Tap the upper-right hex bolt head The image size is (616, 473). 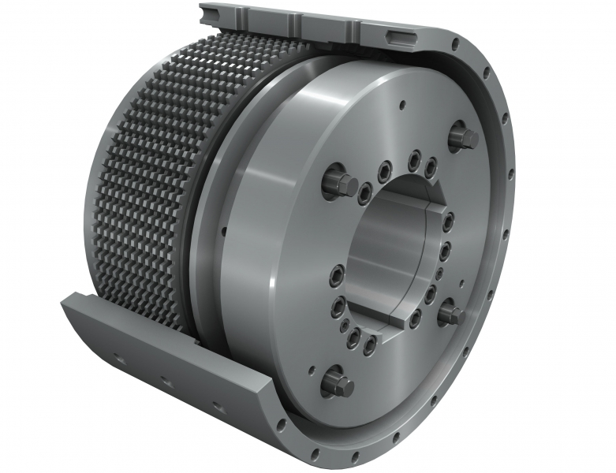(x=463, y=139)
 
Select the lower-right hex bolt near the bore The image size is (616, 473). (x=453, y=315)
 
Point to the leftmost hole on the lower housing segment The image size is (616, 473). (x=118, y=358)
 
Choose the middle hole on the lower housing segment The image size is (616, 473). (x=166, y=382)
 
